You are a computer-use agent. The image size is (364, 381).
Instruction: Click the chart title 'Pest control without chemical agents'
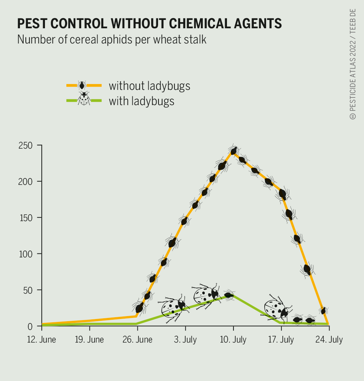pos(149,24)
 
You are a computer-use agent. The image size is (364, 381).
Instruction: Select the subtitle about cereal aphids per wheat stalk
pos(112,39)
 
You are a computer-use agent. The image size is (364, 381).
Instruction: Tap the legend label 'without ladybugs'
pos(149,86)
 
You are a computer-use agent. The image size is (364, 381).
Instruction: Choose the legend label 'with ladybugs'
pos(141,101)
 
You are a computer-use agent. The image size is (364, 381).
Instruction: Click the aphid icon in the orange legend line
pos(82,86)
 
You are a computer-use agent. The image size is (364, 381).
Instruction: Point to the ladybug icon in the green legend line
pos(84,99)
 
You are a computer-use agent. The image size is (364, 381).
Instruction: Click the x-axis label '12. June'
pos(42,340)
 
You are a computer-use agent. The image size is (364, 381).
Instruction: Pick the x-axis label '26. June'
pos(137,340)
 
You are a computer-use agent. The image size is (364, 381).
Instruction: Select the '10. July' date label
pos(233,340)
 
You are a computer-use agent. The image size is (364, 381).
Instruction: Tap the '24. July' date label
pos(328,340)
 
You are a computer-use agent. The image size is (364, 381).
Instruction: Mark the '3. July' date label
pos(185,340)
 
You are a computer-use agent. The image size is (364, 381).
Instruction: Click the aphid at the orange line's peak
pos(234,151)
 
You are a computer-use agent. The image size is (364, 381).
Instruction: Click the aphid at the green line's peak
pos(229,295)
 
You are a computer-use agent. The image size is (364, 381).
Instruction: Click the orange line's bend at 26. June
pos(137,316)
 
